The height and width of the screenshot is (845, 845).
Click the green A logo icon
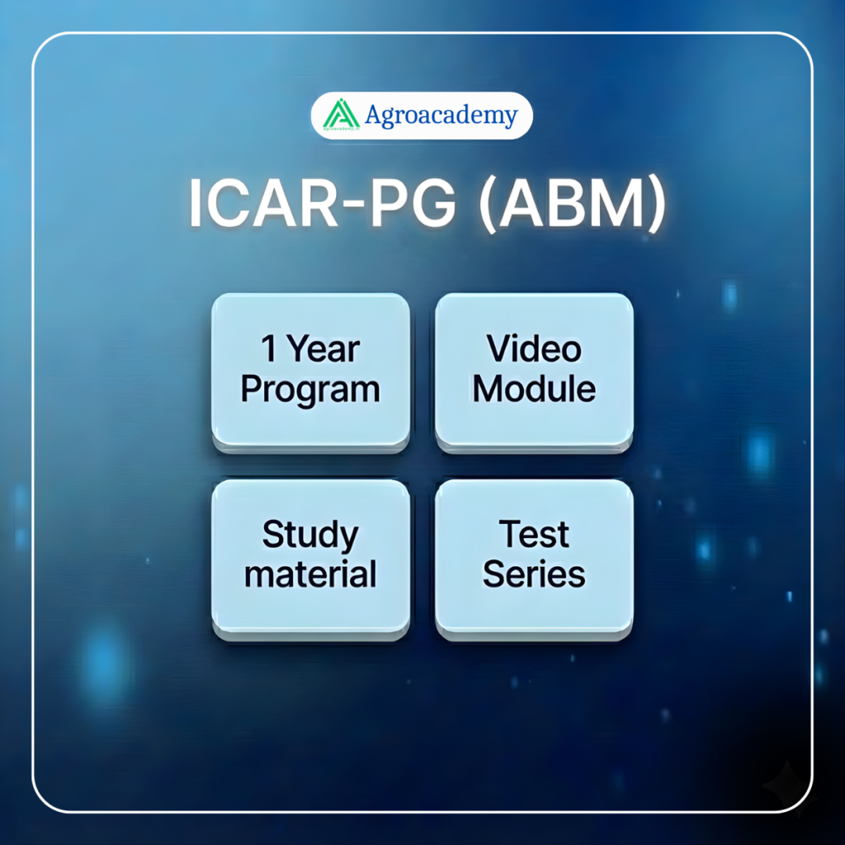click(341, 115)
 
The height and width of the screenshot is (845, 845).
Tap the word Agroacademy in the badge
click(441, 116)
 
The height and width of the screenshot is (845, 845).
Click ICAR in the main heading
click(263, 204)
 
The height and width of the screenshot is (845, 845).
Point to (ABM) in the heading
click(573, 205)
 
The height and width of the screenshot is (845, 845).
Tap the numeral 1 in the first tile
click(269, 348)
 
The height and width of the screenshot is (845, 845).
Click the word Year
click(323, 349)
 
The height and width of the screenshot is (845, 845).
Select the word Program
click(310, 389)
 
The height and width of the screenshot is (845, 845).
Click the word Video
click(534, 349)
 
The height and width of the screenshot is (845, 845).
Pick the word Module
click(534, 389)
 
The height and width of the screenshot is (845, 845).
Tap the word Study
click(310, 535)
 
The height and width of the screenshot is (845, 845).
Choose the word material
click(310, 574)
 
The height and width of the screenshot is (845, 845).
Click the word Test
click(534, 534)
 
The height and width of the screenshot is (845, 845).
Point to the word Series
click(534, 574)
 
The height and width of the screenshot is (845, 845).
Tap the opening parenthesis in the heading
click(489, 205)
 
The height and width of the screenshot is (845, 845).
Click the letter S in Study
click(273, 534)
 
